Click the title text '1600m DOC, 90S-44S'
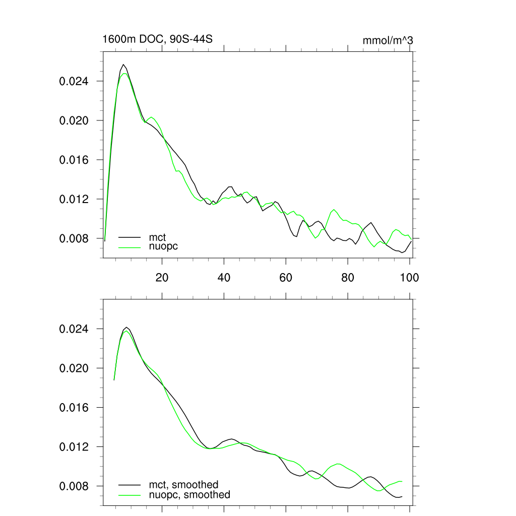click(157, 39)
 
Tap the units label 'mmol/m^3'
click(388, 40)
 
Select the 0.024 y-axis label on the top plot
click(75, 81)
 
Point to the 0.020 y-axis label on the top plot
click(75, 120)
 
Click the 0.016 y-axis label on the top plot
click(75, 160)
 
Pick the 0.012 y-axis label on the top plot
click(75, 199)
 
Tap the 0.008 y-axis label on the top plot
click(75, 238)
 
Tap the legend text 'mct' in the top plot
click(157, 237)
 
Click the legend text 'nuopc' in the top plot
click(163, 246)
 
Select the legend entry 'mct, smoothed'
click(183, 485)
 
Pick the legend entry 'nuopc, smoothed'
click(189, 495)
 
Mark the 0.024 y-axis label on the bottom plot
click(75, 329)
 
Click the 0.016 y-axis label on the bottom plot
click(75, 408)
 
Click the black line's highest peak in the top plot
click(123, 64)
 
